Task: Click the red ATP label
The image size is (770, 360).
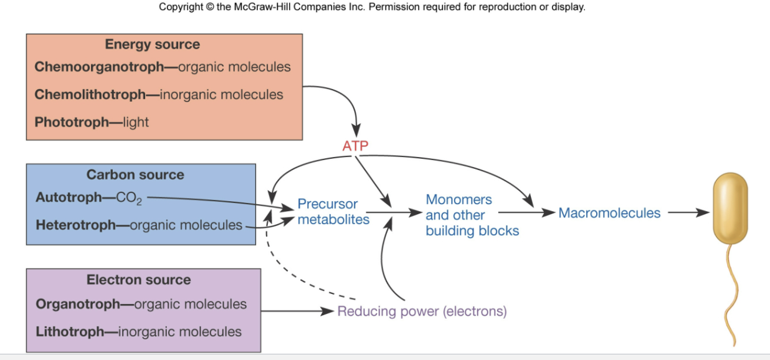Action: (x=355, y=146)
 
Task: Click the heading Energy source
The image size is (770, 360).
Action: (x=153, y=44)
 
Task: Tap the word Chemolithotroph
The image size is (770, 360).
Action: (x=90, y=95)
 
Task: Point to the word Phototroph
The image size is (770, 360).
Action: (x=72, y=122)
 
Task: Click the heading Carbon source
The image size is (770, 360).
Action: (x=135, y=175)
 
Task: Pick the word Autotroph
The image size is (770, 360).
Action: (x=69, y=197)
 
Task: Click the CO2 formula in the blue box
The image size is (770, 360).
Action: (x=129, y=199)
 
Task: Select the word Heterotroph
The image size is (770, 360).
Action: (x=77, y=225)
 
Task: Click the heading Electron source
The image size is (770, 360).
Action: (x=138, y=280)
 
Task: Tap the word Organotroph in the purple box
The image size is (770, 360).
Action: (x=77, y=304)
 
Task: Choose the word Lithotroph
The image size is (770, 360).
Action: (x=69, y=331)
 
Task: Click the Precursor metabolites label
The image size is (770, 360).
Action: (x=333, y=212)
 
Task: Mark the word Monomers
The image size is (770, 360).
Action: (x=459, y=200)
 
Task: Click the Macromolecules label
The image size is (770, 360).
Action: (x=609, y=213)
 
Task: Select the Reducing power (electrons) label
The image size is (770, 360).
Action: (x=422, y=311)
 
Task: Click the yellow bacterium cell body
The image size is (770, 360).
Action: (x=730, y=208)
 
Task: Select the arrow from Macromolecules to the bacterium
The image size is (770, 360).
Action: (x=688, y=213)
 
